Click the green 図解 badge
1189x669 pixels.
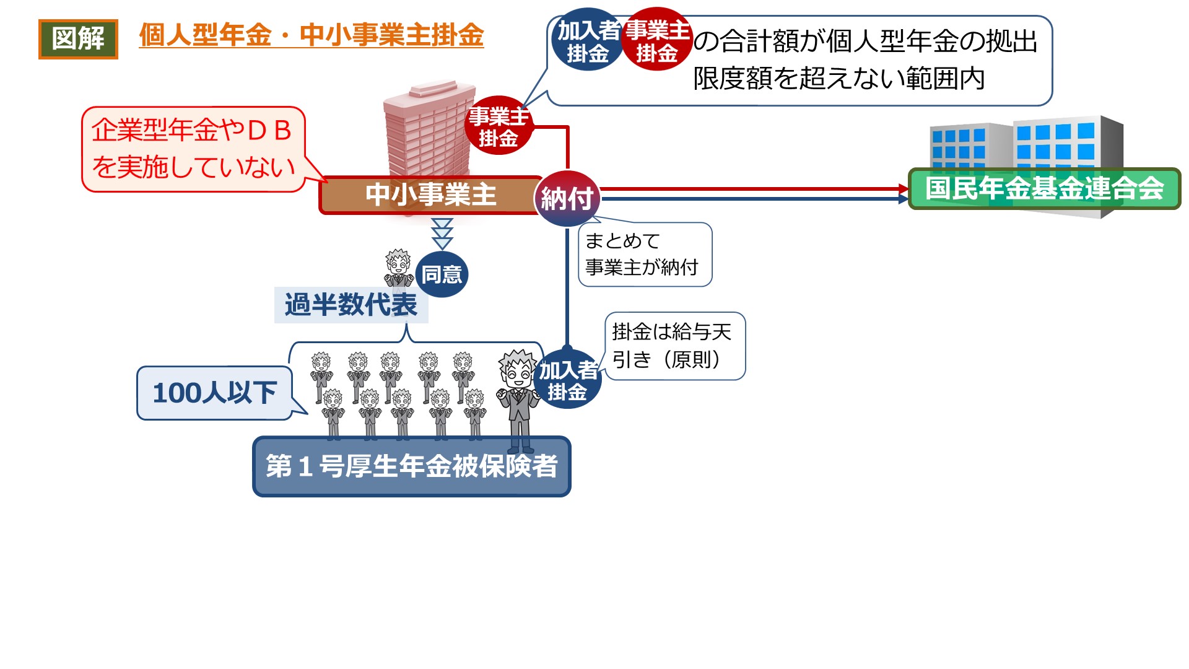[78, 39]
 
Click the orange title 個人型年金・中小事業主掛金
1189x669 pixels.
[311, 35]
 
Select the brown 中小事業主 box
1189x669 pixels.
[430, 195]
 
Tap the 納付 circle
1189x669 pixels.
[567, 198]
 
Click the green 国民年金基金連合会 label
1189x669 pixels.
[1044, 189]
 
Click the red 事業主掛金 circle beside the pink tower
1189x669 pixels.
[499, 126]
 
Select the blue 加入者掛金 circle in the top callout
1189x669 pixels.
[587, 40]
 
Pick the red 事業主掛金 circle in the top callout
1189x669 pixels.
[656, 40]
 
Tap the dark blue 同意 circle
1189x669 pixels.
[442, 274]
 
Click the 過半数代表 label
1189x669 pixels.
[351, 305]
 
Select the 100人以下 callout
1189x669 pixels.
[214, 393]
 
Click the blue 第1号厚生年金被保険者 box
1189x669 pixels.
[411, 467]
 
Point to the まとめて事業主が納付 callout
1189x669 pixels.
[644, 255]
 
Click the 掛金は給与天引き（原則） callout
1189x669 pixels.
[674, 346]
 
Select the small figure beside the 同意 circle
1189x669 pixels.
[398, 269]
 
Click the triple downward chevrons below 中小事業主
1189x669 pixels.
[442, 234]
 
